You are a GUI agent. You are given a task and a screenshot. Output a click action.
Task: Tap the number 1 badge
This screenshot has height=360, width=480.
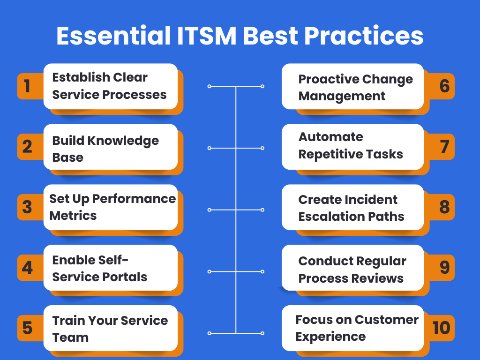pos(27,86)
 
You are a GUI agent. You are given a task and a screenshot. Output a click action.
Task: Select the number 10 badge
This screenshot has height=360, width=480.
pos(441,328)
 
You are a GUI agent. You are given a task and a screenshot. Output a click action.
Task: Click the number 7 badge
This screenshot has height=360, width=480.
pos(444,147)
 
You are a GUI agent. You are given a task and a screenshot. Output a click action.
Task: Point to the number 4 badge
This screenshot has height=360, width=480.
pos(27,268)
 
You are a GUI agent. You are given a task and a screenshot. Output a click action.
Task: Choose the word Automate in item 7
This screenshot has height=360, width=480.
pos(330,137)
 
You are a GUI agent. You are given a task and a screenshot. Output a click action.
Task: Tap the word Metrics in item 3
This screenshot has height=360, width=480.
pos(73,216)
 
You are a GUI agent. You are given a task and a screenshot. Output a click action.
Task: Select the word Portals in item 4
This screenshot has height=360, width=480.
pos(126,277)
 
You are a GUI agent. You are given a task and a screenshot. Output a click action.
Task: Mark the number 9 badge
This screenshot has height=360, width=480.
pos(444,267)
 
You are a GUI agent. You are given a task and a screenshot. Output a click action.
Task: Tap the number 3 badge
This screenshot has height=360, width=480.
pos(27,207)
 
